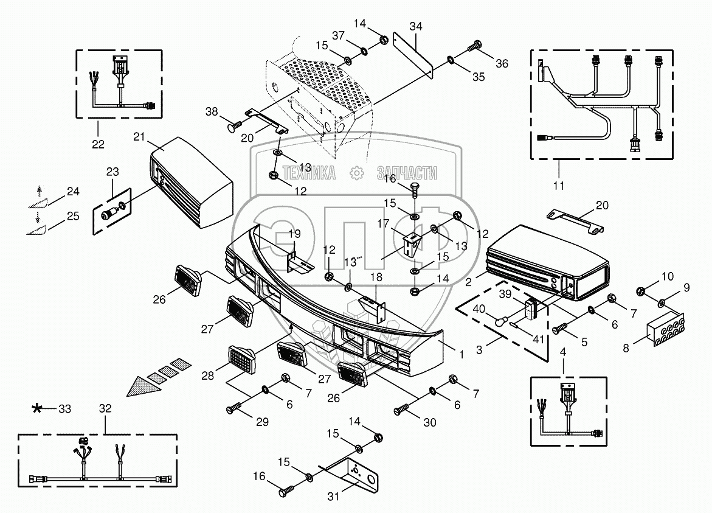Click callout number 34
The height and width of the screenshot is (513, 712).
(415, 26)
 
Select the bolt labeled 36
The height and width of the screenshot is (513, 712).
(474, 46)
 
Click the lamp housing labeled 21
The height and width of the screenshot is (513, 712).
(191, 183)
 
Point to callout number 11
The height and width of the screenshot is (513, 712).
(559, 186)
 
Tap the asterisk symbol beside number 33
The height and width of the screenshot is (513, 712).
(37, 408)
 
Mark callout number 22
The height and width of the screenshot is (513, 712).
(98, 144)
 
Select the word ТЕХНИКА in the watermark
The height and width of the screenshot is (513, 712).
(309, 173)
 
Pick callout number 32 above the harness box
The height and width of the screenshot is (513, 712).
(105, 408)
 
